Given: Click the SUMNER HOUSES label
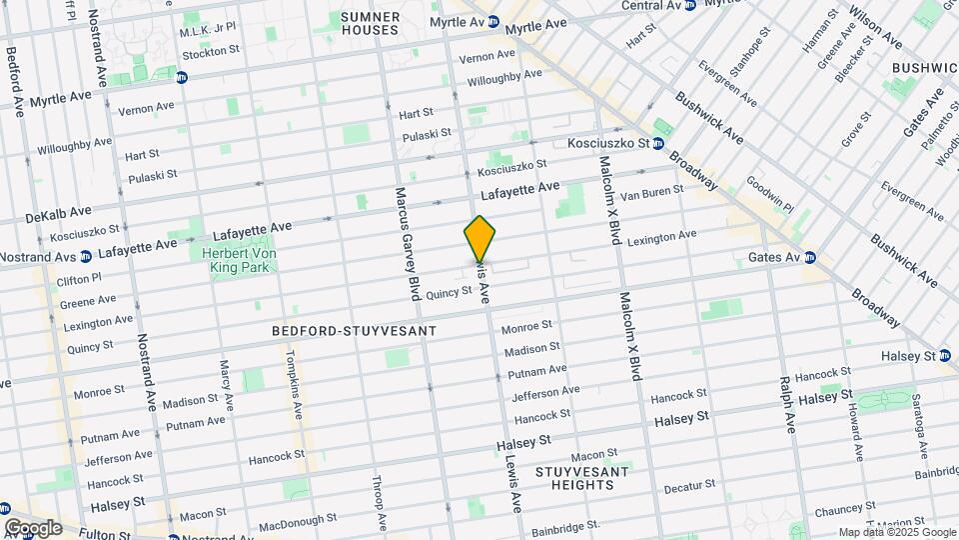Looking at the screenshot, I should click(370, 23).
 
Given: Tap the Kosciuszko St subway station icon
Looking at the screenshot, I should click(659, 144).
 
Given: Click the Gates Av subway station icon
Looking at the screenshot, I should click(810, 257).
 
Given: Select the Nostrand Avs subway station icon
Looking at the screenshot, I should click(86, 257).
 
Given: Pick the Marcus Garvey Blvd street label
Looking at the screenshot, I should click(407, 243).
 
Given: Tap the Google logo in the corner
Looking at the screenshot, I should click(32, 527).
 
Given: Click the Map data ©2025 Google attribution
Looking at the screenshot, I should click(896, 532).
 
